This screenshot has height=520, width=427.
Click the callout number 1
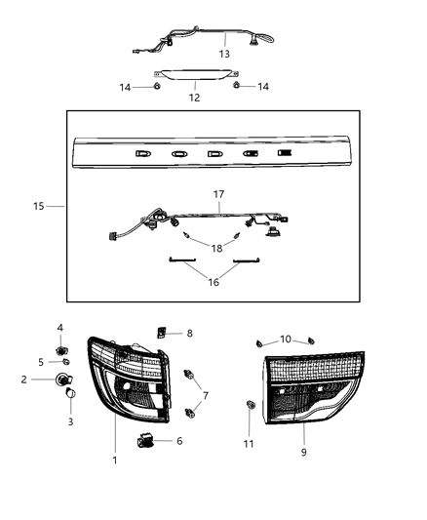[114, 460]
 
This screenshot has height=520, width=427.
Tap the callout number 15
[39, 207]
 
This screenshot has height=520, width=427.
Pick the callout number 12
[193, 98]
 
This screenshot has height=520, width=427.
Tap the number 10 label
[285, 339]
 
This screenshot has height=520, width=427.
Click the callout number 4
[60, 328]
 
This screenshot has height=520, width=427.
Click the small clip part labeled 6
[149, 441]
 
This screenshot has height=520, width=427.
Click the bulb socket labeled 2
[63, 379]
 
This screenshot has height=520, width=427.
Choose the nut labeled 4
[61, 348]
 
